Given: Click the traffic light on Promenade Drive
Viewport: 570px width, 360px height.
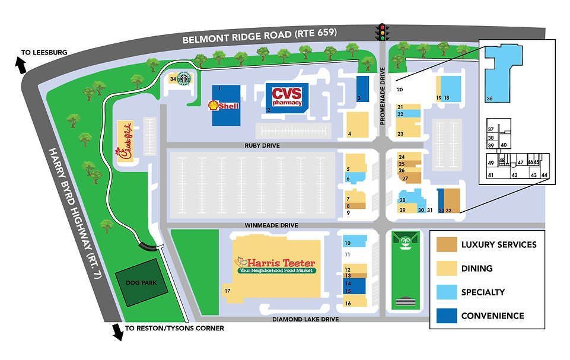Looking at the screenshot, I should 383,31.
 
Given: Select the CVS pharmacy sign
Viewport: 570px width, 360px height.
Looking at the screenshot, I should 287,96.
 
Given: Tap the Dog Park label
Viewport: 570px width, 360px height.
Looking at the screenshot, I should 141,283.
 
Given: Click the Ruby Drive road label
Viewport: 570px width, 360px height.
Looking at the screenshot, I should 261,145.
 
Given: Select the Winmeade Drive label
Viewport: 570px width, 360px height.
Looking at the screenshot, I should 270,225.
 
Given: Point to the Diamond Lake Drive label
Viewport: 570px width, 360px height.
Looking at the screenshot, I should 305,319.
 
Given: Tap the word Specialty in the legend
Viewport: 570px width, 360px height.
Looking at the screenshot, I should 483,292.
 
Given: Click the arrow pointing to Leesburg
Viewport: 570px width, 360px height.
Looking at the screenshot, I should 22,66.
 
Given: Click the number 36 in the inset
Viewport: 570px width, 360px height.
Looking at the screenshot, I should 489,98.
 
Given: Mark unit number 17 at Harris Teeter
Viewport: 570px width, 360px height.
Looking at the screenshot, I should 227,290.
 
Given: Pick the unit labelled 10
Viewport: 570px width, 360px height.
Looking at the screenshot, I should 348,243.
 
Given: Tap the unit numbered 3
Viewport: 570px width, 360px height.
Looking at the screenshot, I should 359,98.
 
